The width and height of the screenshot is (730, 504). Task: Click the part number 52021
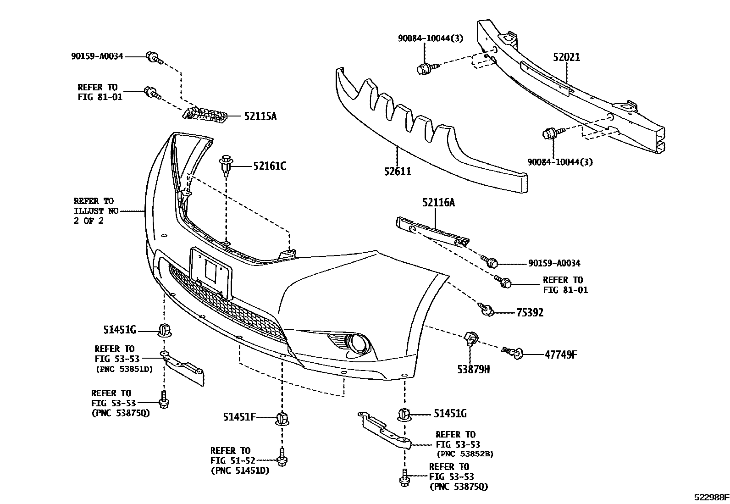(566, 57)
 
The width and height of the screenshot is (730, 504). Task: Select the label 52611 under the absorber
(398, 172)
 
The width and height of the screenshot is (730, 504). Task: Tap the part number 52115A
(260, 116)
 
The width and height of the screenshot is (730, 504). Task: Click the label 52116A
(438, 202)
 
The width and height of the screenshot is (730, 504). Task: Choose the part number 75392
(530, 313)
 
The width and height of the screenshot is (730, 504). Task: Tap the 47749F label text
(560, 354)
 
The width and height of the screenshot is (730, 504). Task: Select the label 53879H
(473, 369)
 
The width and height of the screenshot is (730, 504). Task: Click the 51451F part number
(239, 417)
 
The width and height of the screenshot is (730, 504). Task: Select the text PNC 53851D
(124, 369)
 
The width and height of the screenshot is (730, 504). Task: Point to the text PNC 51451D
(240, 471)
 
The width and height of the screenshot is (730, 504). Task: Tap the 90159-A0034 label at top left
(97, 56)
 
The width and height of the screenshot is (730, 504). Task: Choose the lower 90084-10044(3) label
(559, 162)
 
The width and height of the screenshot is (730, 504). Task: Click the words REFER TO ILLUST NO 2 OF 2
(95, 210)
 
